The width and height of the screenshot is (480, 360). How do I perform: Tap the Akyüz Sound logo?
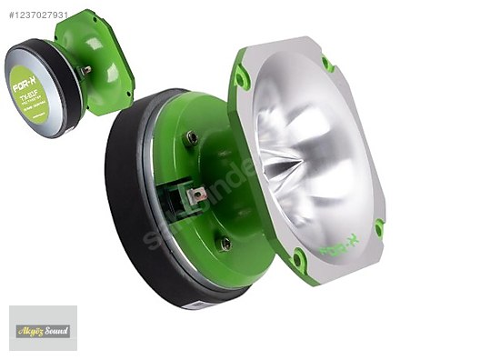[43, 329]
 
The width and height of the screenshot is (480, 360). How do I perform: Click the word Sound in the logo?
[55, 330]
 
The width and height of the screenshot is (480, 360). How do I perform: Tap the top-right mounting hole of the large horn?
[328, 63]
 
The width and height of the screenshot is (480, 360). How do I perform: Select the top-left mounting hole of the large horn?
[242, 80]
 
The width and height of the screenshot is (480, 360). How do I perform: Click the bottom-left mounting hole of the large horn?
[297, 259]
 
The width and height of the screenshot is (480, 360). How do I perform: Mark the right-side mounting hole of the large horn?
[378, 226]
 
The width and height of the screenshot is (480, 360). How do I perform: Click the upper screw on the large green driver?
[193, 138]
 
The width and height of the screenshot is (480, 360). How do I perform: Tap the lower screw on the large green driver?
[224, 243]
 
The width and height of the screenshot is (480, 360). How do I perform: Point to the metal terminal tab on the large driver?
[195, 193]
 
